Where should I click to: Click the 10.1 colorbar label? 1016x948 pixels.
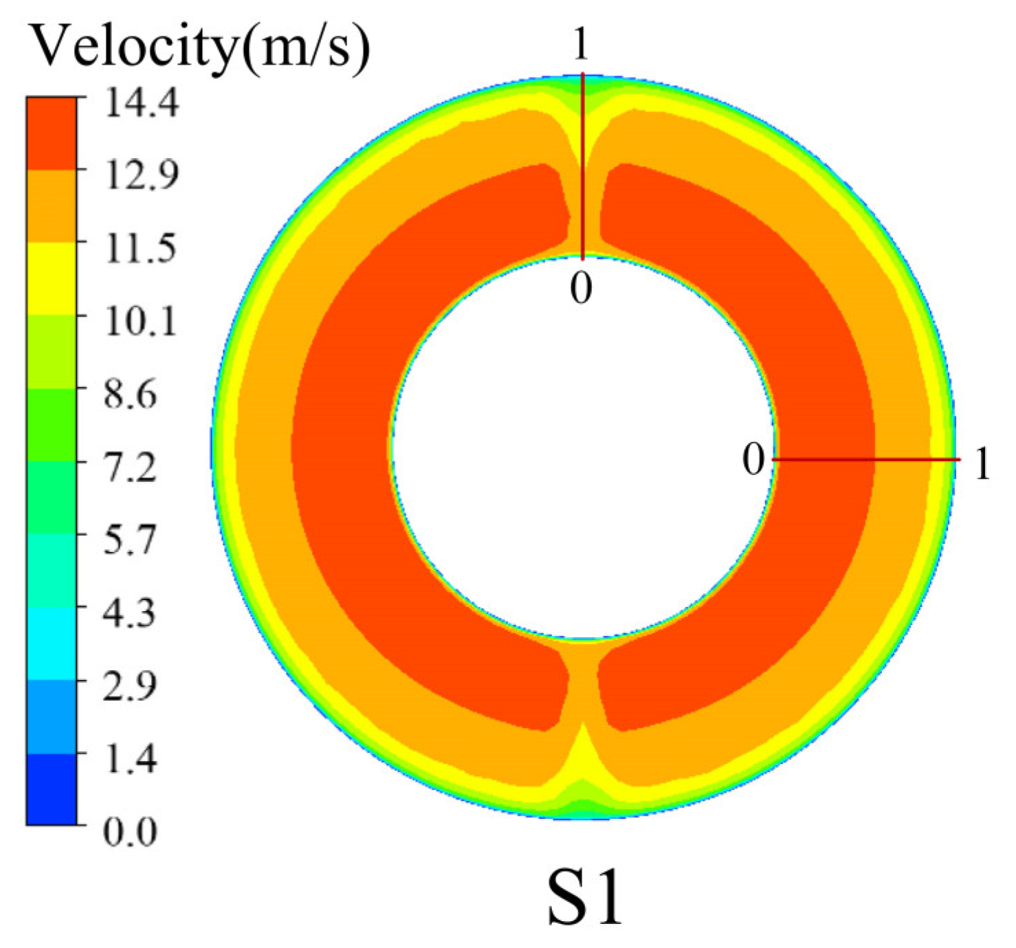[140, 320]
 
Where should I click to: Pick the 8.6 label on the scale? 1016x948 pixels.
[131, 394]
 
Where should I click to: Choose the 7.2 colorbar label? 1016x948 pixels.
[131, 467]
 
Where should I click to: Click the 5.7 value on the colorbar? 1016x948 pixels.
[131, 540]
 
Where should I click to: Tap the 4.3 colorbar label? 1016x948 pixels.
[131, 613]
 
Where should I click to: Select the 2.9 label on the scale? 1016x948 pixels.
[131, 686]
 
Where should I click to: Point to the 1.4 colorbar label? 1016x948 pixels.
[131, 759]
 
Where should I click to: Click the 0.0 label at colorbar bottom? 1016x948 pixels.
[131, 832]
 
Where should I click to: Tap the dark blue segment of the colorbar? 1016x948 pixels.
[52, 789]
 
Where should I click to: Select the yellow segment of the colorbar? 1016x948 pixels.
[52, 278]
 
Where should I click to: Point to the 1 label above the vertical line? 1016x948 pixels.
[581, 45]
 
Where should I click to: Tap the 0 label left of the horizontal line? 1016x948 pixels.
[753, 459]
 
